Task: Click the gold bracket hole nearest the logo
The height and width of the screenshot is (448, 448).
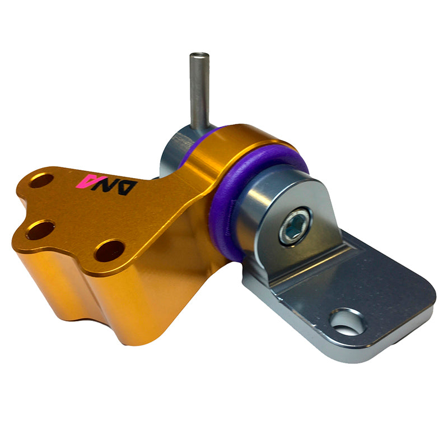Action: (41, 180)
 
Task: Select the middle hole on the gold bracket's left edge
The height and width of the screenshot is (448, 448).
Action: (40, 230)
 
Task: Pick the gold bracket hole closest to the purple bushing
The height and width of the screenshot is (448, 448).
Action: (110, 251)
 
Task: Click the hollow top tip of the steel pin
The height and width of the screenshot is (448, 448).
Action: (199, 55)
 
